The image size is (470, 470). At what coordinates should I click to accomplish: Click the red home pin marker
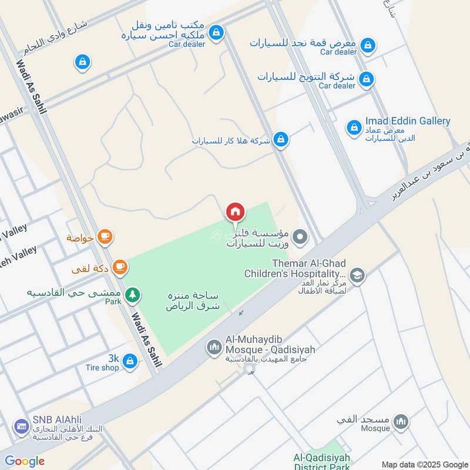click(x=235, y=212)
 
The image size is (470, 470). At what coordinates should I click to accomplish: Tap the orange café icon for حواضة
click(x=105, y=237)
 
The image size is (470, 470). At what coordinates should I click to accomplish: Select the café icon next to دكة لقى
click(x=119, y=267)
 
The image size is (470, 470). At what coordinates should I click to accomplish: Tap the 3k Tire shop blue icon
click(x=130, y=361)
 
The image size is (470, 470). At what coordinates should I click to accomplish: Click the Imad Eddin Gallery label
click(x=408, y=121)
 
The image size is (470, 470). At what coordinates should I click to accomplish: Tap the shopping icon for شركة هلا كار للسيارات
click(x=281, y=139)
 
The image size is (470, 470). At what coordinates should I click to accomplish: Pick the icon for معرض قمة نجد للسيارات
click(x=368, y=45)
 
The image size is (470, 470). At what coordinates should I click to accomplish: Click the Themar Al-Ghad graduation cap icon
click(x=357, y=275)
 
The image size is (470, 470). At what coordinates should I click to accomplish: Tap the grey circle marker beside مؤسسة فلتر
click(x=301, y=238)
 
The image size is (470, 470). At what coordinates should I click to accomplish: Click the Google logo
click(x=25, y=461)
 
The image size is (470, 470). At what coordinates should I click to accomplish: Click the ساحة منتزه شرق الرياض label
click(x=192, y=300)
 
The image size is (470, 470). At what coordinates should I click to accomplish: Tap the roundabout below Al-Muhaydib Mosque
click(x=249, y=370)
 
